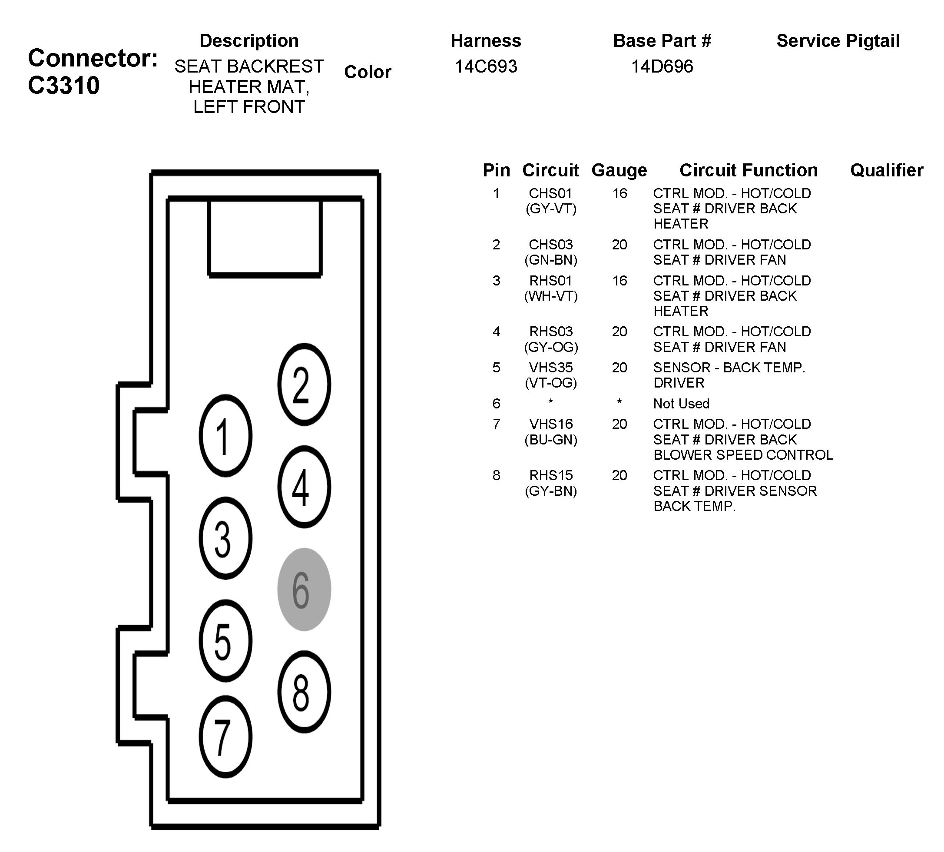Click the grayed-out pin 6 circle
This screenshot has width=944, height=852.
pyautogui.click(x=304, y=590)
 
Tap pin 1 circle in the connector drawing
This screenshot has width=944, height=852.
pyautogui.click(x=225, y=436)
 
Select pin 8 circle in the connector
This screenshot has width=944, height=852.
pyautogui.click(x=304, y=691)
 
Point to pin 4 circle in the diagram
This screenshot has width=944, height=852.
pyautogui.click(x=304, y=487)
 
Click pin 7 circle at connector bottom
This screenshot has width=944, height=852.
pyautogui.click(x=225, y=736)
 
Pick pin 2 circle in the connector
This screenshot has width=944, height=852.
pyautogui.click(x=304, y=385)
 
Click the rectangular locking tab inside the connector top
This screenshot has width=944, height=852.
pyautogui.click(x=265, y=237)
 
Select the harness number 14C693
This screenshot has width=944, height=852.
pyautogui.click(x=486, y=66)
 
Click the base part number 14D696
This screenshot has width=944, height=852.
pyautogui.click(x=662, y=66)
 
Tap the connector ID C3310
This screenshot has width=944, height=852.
pyautogui.click(x=64, y=86)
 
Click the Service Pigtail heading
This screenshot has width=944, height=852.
pyautogui.click(x=838, y=41)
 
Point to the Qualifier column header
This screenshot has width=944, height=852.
pyautogui.click(x=886, y=170)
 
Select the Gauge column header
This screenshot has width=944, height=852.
pyautogui.click(x=619, y=170)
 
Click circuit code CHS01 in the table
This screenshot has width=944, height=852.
pyautogui.click(x=550, y=193)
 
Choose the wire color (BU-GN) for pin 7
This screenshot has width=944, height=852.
pyautogui.click(x=550, y=440)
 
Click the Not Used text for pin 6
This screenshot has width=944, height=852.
pyautogui.click(x=681, y=404)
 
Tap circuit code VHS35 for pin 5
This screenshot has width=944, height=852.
pyautogui.click(x=550, y=368)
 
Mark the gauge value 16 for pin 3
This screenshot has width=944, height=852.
pyautogui.click(x=619, y=280)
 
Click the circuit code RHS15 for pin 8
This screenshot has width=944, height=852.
pyautogui.click(x=550, y=475)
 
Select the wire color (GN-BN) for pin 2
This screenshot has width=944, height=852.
pyautogui.click(x=550, y=260)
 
